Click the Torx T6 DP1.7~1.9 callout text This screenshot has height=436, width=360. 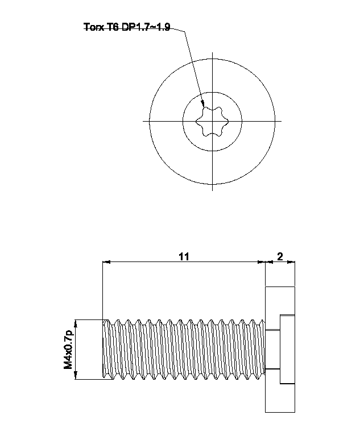[x=126, y=26]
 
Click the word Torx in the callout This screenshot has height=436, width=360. [x=93, y=26]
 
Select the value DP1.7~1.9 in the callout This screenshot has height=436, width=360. [x=144, y=26]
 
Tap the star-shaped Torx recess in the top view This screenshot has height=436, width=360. [x=212, y=120]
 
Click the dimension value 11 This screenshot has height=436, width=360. [x=183, y=256]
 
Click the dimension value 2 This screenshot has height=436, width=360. [x=280, y=256]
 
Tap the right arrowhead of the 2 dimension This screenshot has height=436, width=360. [x=292, y=262]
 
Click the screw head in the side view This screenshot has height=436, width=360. [x=280, y=349]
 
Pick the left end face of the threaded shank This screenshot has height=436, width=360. [x=103, y=349]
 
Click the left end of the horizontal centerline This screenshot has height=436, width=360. [x=143, y=121]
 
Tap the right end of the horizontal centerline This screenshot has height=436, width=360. [x=281, y=121]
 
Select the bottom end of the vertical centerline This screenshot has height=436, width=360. [x=212, y=190]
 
